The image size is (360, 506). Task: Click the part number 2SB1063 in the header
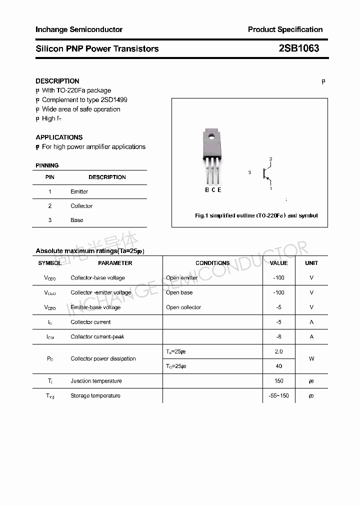click(x=298, y=48)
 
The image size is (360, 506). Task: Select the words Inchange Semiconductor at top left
click(x=78, y=29)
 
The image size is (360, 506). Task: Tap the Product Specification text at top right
click(x=285, y=29)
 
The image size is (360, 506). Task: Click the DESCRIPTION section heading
click(x=57, y=81)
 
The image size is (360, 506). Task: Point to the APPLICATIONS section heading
click(x=59, y=137)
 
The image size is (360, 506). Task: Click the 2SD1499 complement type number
click(x=114, y=100)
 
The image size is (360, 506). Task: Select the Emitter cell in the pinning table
click(x=79, y=191)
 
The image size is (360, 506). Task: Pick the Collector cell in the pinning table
click(x=81, y=206)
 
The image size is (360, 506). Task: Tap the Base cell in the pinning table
click(x=77, y=220)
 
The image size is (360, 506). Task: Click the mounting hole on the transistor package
click(x=211, y=136)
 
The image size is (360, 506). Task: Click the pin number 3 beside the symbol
click(x=249, y=172)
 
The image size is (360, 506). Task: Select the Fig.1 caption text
click(x=256, y=216)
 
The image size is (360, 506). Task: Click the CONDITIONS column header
click(x=212, y=263)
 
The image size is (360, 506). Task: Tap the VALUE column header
click(x=278, y=263)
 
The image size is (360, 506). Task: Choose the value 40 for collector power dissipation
click(x=278, y=366)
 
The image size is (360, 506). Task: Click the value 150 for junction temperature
click(x=278, y=381)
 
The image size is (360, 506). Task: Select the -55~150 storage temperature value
click(x=278, y=396)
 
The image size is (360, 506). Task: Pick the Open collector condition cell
click(x=183, y=307)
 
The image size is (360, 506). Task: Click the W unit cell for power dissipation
click(x=311, y=359)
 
